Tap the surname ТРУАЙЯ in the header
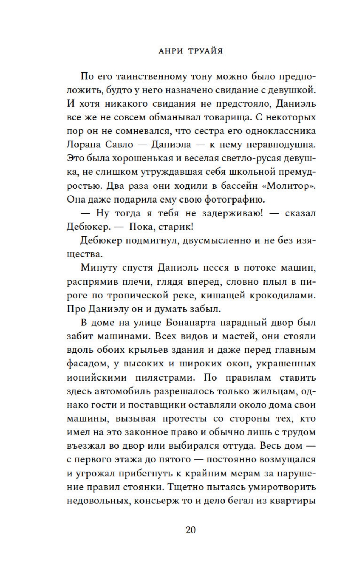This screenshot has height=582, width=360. [205, 51]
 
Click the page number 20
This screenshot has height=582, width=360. [191, 530]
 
